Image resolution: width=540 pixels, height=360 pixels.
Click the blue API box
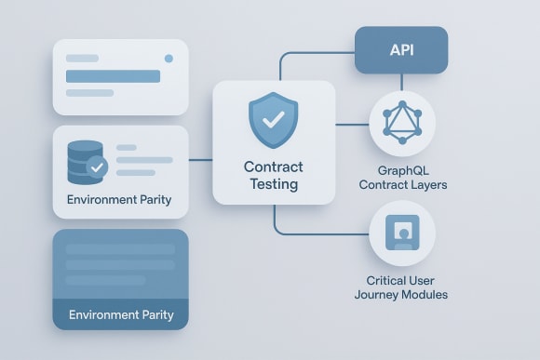coord(401,50)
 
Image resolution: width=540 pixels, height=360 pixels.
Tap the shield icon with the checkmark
coord(274,120)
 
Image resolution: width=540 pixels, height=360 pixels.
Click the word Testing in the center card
coord(274,184)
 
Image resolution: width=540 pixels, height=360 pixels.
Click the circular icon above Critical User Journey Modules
coord(401,233)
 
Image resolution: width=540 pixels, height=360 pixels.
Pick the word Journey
coord(382,295)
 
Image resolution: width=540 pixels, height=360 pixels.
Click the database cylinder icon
coord(83,162)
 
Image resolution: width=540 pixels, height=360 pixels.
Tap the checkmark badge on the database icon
coord(96,168)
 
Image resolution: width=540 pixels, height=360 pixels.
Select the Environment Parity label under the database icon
coord(119,200)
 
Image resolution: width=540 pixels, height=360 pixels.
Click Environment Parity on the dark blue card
coord(121,314)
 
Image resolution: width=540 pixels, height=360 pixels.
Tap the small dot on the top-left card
coord(169,59)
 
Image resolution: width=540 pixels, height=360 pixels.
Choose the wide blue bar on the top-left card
coord(113,76)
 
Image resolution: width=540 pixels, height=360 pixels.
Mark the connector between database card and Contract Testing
coord(200,160)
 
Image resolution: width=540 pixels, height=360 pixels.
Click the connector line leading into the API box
coord(317,53)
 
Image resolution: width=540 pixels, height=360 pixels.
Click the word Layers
coord(427,185)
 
